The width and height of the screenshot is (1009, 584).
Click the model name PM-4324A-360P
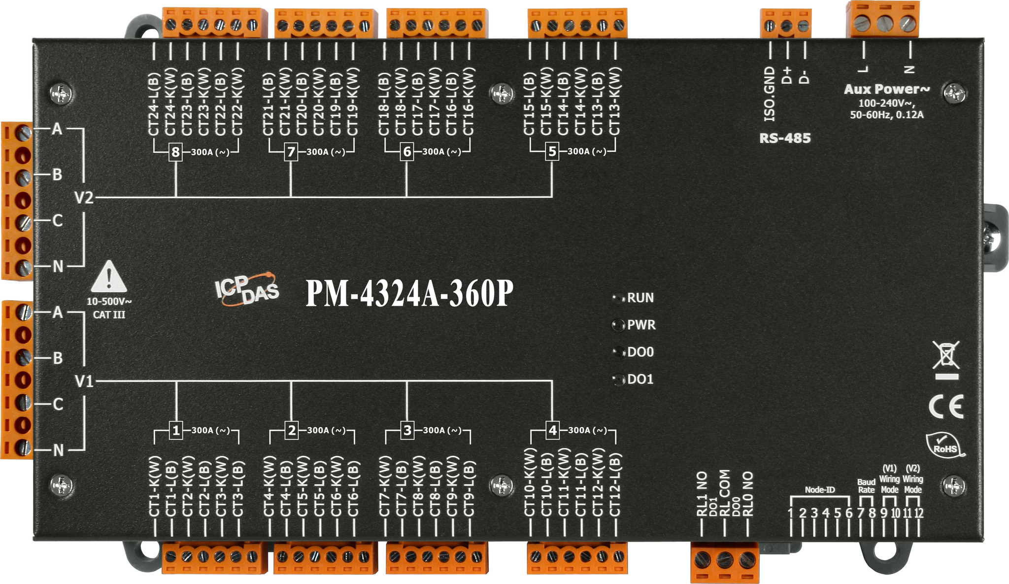tap(409, 294)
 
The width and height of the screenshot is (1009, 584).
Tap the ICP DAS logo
tap(247, 289)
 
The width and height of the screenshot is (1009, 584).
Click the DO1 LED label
tap(640, 379)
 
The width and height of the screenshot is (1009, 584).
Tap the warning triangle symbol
tap(109, 277)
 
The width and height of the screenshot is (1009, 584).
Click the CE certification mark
tap(946, 406)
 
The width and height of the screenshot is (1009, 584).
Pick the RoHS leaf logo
tap(945, 445)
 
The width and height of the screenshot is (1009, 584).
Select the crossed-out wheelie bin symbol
tap(946, 360)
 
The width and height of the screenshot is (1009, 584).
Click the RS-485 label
tap(785, 138)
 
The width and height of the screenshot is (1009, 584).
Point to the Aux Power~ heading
tap(887, 89)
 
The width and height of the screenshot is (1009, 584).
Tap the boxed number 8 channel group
tap(175, 152)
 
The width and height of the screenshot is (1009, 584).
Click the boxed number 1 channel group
tap(176, 430)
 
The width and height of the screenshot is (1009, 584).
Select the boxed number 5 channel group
tap(552, 151)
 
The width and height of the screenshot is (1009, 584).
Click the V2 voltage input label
tap(84, 198)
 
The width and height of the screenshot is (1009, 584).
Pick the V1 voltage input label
tap(84, 381)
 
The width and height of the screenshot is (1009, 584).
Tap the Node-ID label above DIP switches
tap(820, 490)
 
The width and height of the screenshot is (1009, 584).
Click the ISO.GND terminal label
tap(770, 94)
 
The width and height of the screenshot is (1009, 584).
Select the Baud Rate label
tap(866, 486)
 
